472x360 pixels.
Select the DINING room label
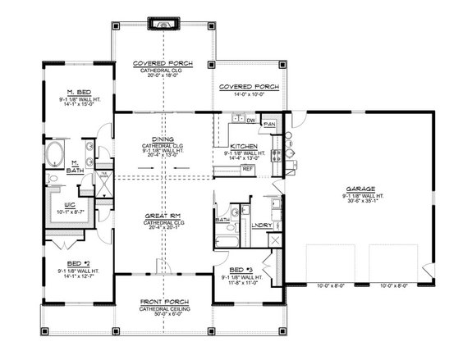click(161, 139)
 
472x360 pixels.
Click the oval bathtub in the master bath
click(58, 153)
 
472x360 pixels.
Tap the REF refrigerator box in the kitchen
click(247, 168)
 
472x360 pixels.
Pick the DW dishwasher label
click(250, 121)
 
